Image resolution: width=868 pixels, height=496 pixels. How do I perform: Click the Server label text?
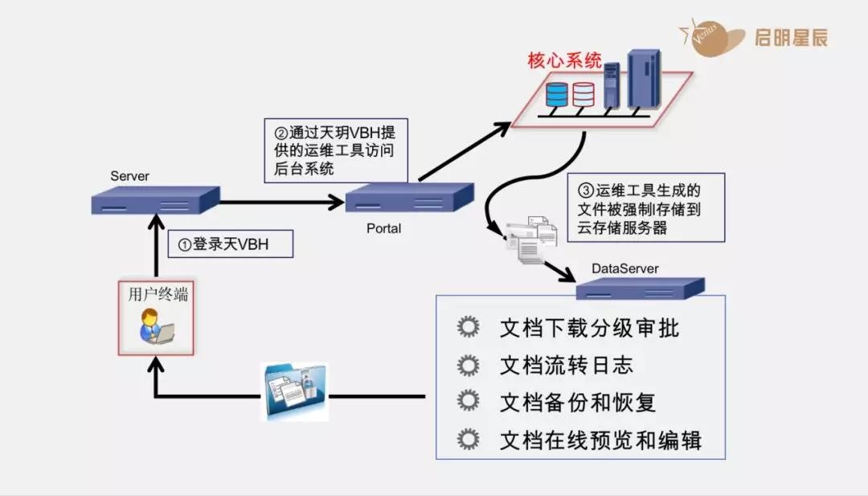(x=130, y=176)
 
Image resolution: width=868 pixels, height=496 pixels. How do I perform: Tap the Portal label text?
(x=383, y=228)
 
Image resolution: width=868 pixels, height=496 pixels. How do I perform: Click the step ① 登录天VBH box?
(x=231, y=244)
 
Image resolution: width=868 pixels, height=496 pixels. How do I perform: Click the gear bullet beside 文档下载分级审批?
(x=468, y=328)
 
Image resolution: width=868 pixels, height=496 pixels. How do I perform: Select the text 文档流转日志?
(x=566, y=365)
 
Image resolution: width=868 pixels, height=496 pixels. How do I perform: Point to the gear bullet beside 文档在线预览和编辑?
(x=468, y=439)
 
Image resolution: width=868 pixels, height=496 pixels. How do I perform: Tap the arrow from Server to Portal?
(x=281, y=202)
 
